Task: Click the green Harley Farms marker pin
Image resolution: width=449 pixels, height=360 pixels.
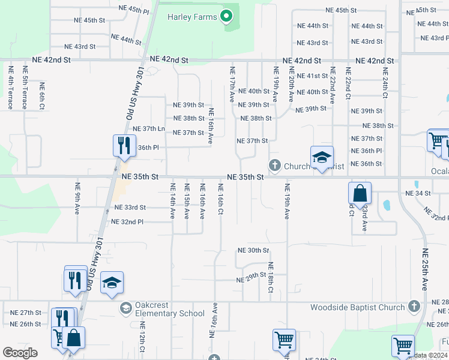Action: coord(226,16)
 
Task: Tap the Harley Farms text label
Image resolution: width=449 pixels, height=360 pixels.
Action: coord(192,17)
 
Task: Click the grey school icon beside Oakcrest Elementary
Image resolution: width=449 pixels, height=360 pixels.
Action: coord(125,308)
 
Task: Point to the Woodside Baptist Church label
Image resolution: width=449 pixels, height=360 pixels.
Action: coord(358,308)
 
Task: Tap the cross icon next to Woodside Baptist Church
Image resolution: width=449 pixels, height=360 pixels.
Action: coord(413,307)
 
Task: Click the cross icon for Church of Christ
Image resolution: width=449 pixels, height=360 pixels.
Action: coord(275,164)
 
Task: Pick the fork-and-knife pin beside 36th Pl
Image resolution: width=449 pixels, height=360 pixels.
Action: coord(124,146)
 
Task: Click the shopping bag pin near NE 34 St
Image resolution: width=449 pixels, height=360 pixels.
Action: coord(360,194)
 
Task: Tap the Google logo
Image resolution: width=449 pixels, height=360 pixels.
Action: coord(20,352)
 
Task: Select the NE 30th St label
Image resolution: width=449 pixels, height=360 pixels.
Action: coord(253,250)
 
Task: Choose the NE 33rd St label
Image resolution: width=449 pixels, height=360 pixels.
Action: coord(130,208)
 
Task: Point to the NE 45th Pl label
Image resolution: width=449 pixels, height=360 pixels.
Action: coord(133,10)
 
